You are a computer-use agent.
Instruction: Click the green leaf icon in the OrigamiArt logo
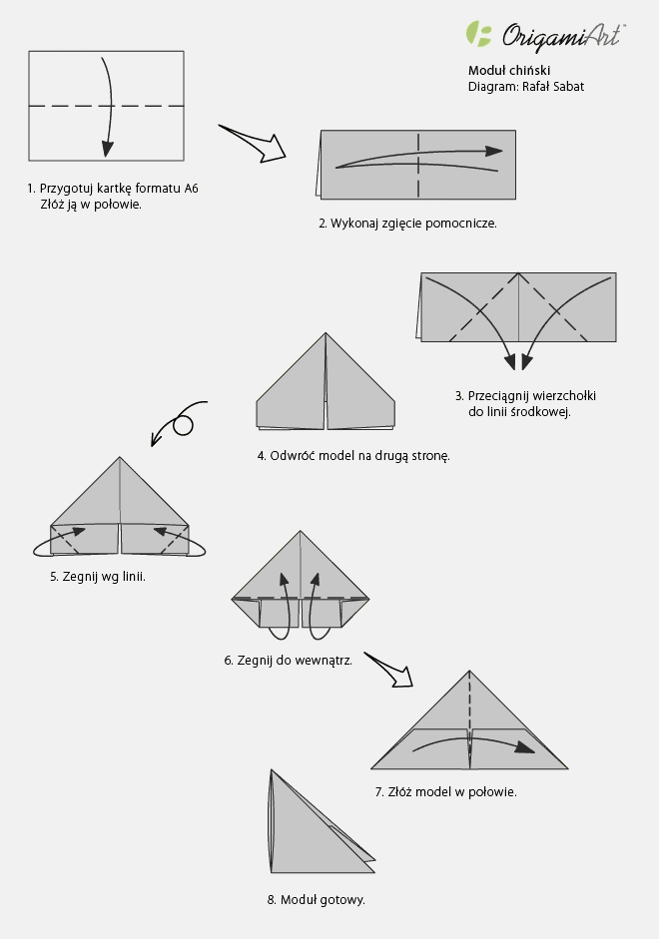pyautogui.click(x=479, y=34)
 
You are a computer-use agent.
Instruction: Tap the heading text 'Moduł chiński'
pyautogui.click(x=509, y=71)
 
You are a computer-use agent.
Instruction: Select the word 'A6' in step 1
pyautogui.click(x=191, y=188)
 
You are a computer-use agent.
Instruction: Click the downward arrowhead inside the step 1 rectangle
pyautogui.click(x=107, y=150)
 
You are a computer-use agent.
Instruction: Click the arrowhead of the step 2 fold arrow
pyautogui.click(x=493, y=151)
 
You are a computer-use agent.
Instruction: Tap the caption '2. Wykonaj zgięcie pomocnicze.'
pyautogui.click(x=407, y=224)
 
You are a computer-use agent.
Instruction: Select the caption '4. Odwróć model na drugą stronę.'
pyautogui.click(x=353, y=456)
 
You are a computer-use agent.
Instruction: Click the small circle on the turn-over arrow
pyautogui.click(x=183, y=426)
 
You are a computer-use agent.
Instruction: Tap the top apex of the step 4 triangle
pyautogui.click(x=326, y=334)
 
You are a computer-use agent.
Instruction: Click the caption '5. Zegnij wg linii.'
pyautogui.click(x=98, y=576)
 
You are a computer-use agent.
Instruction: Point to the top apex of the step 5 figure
pyautogui.click(x=120, y=458)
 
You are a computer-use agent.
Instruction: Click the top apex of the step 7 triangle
pyautogui.click(x=470, y=671)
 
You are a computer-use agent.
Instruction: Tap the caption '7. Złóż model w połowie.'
pyautogui.click(x=445, y=791)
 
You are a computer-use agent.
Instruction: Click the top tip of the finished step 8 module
pyautogui.click(x=271, y=769)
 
